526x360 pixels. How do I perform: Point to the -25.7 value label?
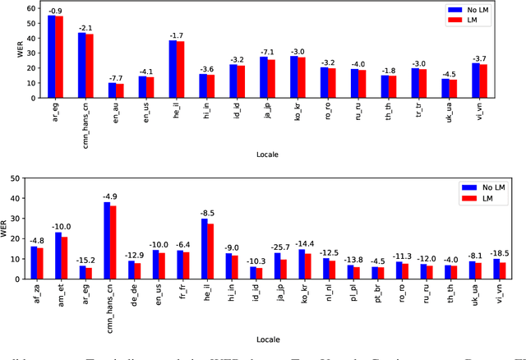[x=281, y=247]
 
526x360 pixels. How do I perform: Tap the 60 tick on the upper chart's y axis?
[x=31, y=8]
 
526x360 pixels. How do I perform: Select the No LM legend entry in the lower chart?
[x=489, y=187]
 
